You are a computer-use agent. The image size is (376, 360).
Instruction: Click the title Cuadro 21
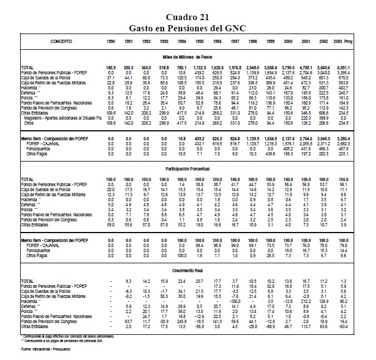click(188, 17)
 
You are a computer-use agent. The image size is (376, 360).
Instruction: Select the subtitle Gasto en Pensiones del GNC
click(188, 27)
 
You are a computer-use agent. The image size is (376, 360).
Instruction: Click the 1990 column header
click(111, 42)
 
